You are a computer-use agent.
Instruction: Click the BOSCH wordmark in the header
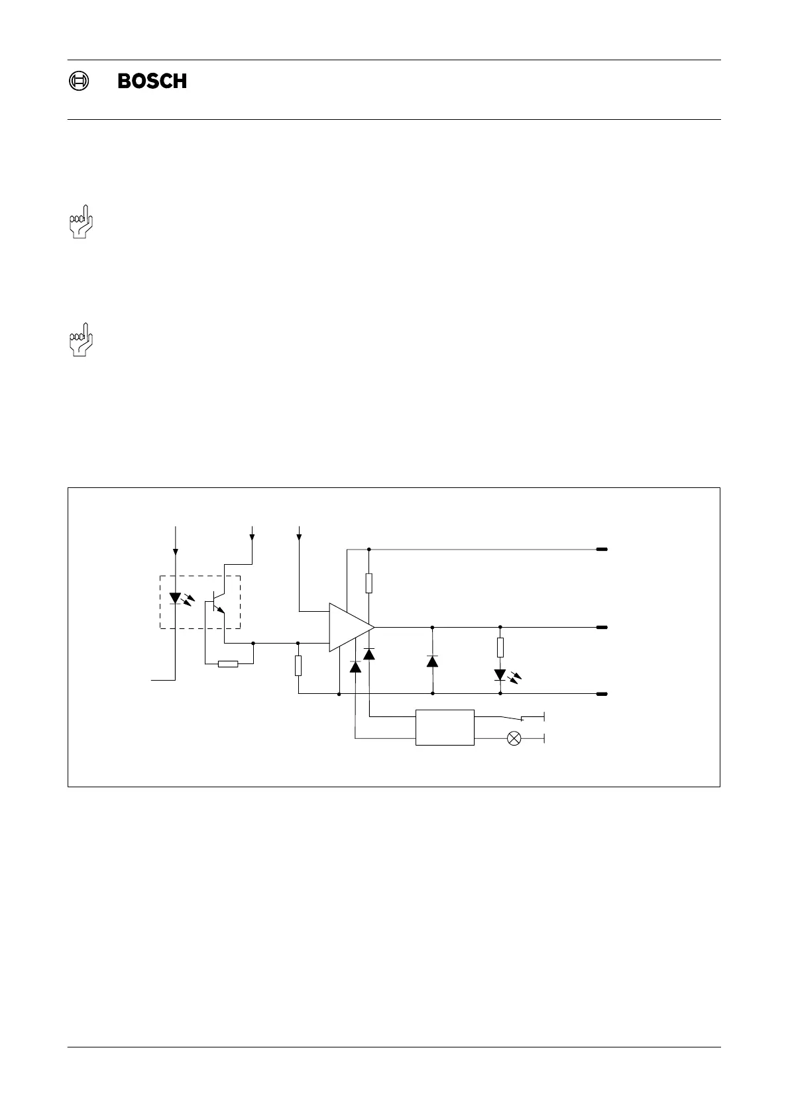152,81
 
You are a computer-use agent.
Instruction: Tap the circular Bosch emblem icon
78,81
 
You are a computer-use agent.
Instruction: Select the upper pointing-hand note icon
81,224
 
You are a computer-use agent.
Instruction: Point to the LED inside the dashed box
176,599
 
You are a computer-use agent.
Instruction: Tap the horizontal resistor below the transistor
228,663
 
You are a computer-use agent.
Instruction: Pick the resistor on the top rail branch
369,583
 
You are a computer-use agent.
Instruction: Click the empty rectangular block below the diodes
445,728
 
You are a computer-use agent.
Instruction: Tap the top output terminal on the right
602,550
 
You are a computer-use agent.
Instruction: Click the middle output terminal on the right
602,626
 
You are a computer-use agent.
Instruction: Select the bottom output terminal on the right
602,694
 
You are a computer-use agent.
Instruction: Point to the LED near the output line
500,675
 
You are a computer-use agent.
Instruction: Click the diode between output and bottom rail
433,661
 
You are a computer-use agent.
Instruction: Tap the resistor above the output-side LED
500,647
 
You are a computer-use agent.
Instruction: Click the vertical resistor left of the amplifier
298,665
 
